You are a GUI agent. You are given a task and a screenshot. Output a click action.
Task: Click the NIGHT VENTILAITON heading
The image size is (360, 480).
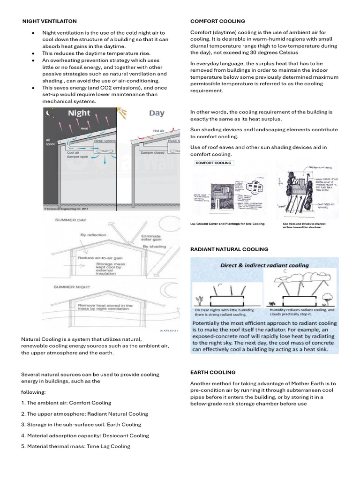50,22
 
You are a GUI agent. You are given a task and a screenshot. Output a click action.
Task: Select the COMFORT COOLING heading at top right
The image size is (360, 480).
217,22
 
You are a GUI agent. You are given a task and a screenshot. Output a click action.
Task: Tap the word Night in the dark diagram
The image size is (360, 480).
79,113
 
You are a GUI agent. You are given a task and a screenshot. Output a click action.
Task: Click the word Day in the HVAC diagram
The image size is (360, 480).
157,113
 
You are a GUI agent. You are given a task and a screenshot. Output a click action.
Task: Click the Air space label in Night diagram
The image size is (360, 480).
50,142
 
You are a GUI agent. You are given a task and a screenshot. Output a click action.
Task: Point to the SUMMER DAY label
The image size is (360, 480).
71,220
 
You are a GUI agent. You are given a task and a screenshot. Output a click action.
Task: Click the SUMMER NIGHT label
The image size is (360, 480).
72,286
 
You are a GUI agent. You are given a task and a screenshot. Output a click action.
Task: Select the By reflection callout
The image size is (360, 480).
93,235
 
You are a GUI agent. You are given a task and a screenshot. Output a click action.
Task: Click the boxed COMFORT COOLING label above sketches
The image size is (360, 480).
213,163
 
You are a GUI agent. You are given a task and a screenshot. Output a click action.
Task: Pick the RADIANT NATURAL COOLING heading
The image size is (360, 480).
229,249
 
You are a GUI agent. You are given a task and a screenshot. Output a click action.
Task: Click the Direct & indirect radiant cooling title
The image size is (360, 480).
265,265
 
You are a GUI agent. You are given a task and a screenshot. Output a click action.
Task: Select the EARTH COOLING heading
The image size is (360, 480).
213,372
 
